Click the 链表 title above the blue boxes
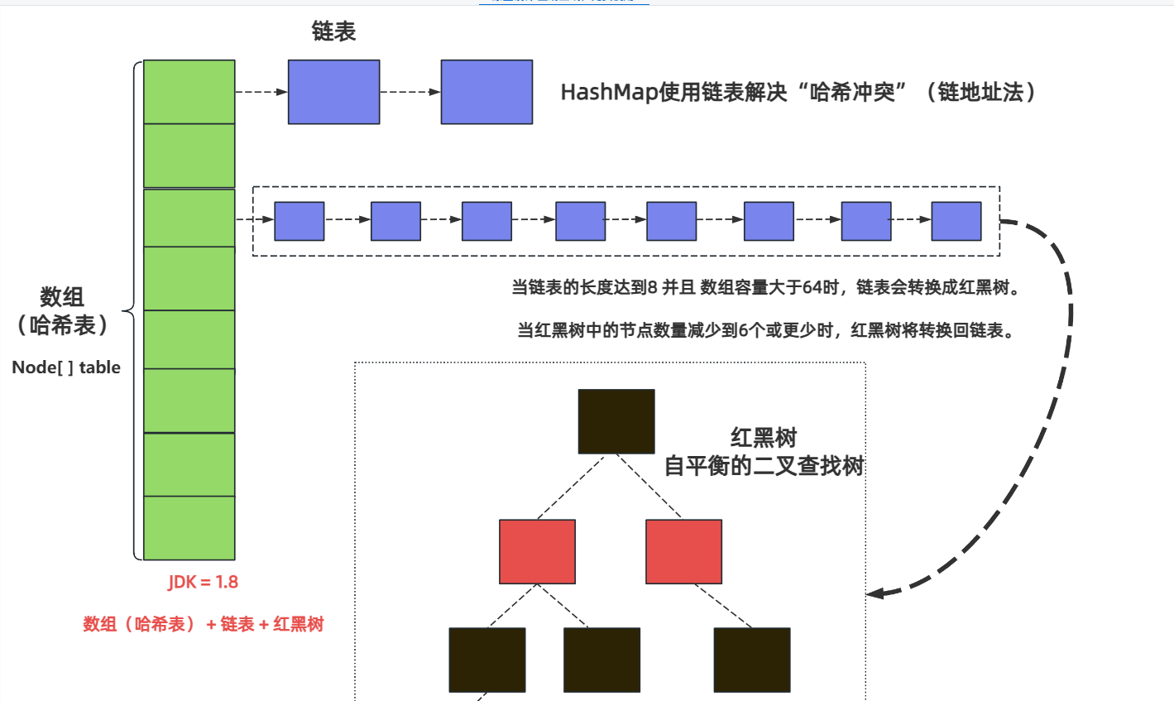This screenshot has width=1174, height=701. pos(333,31)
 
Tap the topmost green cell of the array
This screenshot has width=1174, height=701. pos(189,92)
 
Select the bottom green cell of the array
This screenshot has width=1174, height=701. pos(189,528)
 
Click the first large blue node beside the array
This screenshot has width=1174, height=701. pos(333,92)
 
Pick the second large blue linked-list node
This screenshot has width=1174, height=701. pos(486,92)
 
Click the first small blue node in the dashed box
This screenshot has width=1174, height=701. pos(299,221)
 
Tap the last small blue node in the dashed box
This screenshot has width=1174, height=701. pos(956,221)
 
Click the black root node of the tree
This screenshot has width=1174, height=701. pos(616,421)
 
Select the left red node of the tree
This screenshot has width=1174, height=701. pos(537,551)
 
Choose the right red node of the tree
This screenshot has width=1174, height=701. pos(683,551)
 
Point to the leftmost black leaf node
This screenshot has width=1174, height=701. pos(486,660)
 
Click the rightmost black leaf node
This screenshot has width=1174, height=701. pos(751,660)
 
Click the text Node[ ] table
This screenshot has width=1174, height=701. pos(66,367)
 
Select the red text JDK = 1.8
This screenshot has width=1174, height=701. pos(204,582)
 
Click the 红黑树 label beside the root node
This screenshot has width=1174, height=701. pos(763,438)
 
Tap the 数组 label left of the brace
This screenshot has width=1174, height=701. pos(62,297)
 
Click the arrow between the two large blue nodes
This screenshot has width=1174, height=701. pos(410,92)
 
